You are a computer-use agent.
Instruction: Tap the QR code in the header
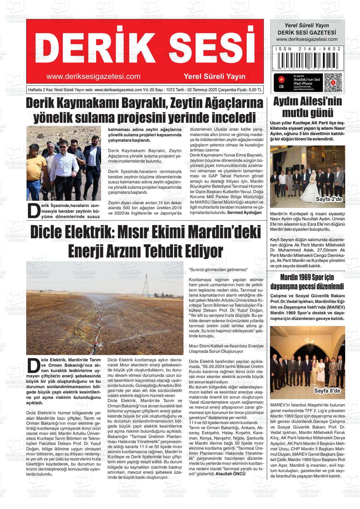333,83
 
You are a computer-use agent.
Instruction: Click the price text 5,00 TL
255,90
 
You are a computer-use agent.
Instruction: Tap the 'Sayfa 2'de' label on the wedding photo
328,199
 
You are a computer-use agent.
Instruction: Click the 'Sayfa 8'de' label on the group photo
327,391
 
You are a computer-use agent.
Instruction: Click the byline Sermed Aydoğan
244,212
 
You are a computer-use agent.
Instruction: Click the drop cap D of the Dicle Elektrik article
33,366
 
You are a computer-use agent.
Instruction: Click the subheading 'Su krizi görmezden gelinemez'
218,269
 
